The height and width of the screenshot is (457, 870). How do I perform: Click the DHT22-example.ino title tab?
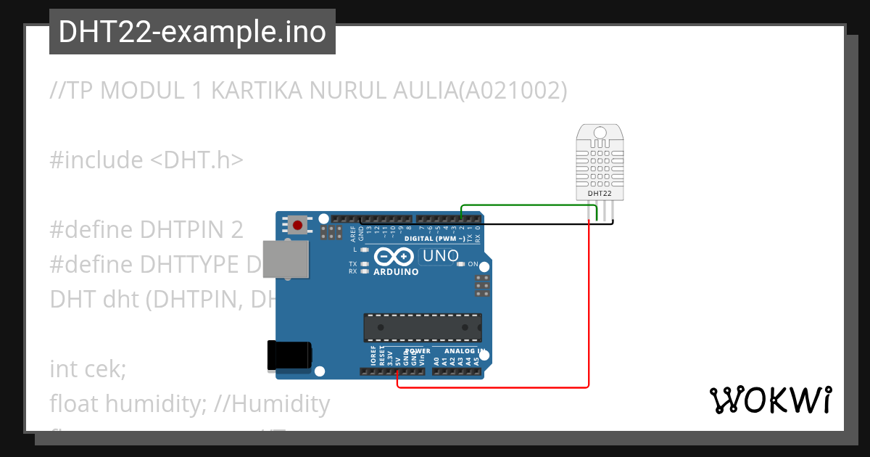tap(192, 32)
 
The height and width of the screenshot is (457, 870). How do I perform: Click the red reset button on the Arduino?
tap(297, 224)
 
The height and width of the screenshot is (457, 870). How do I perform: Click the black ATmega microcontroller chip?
tap(422, 327)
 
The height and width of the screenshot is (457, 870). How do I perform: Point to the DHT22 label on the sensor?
tap(600, 194)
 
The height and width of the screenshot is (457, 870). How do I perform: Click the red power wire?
tap(589, 305)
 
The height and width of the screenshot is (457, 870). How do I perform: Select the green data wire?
tap(529, 205)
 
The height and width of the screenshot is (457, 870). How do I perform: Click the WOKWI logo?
tap(770, 400)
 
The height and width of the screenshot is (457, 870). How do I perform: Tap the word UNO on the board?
tap(440, 255)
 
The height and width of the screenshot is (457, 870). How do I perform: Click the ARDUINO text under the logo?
tap(396, 272)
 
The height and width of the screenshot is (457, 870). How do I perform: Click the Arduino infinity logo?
tap(395, 257)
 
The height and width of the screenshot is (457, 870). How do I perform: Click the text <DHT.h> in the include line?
tap(196, 160)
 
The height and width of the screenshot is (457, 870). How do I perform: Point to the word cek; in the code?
tap(108, 369)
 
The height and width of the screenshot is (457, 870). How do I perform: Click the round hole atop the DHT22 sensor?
tap(600, 133)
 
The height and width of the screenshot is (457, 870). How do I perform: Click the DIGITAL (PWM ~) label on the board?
tap(429, 238)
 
